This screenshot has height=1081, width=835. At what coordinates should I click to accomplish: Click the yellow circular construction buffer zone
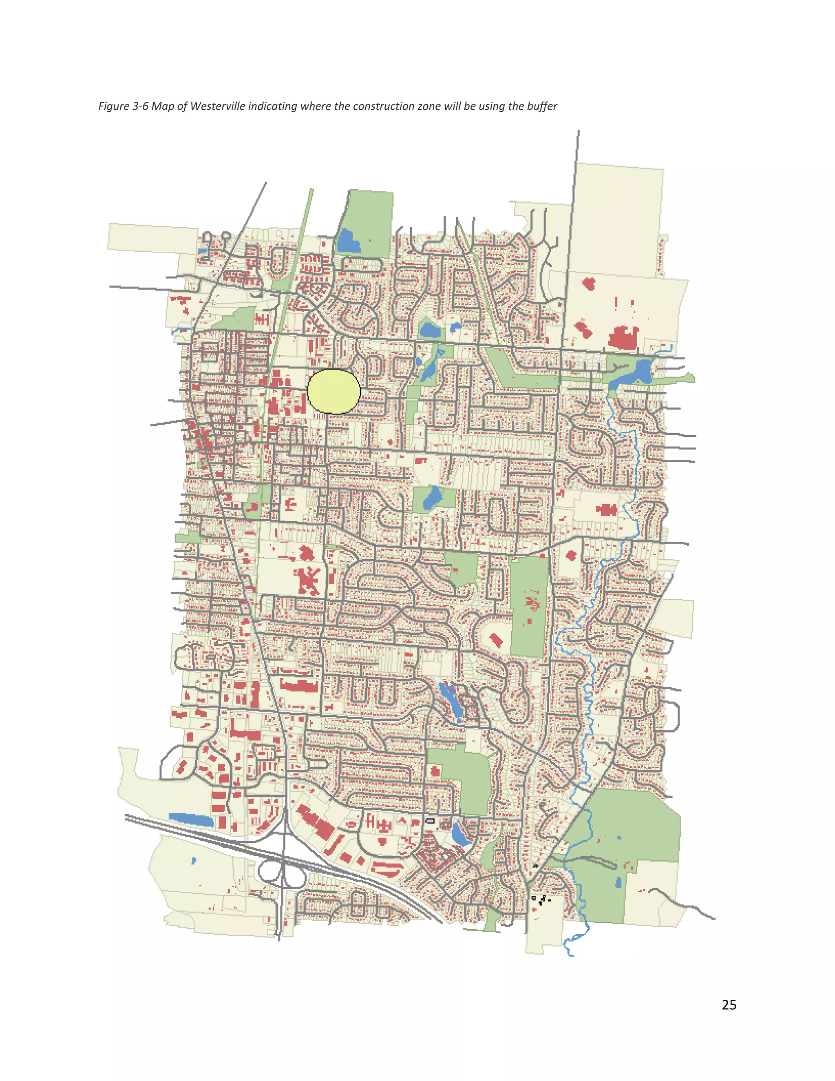334,391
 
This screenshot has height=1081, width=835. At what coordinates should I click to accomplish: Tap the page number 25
729,1005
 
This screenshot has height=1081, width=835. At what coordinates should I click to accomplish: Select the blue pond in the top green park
348,241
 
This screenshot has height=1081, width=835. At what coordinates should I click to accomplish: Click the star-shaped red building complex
308,580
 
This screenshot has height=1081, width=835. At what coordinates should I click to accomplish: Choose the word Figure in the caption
114,106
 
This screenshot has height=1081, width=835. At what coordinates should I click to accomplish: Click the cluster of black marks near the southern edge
541,899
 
